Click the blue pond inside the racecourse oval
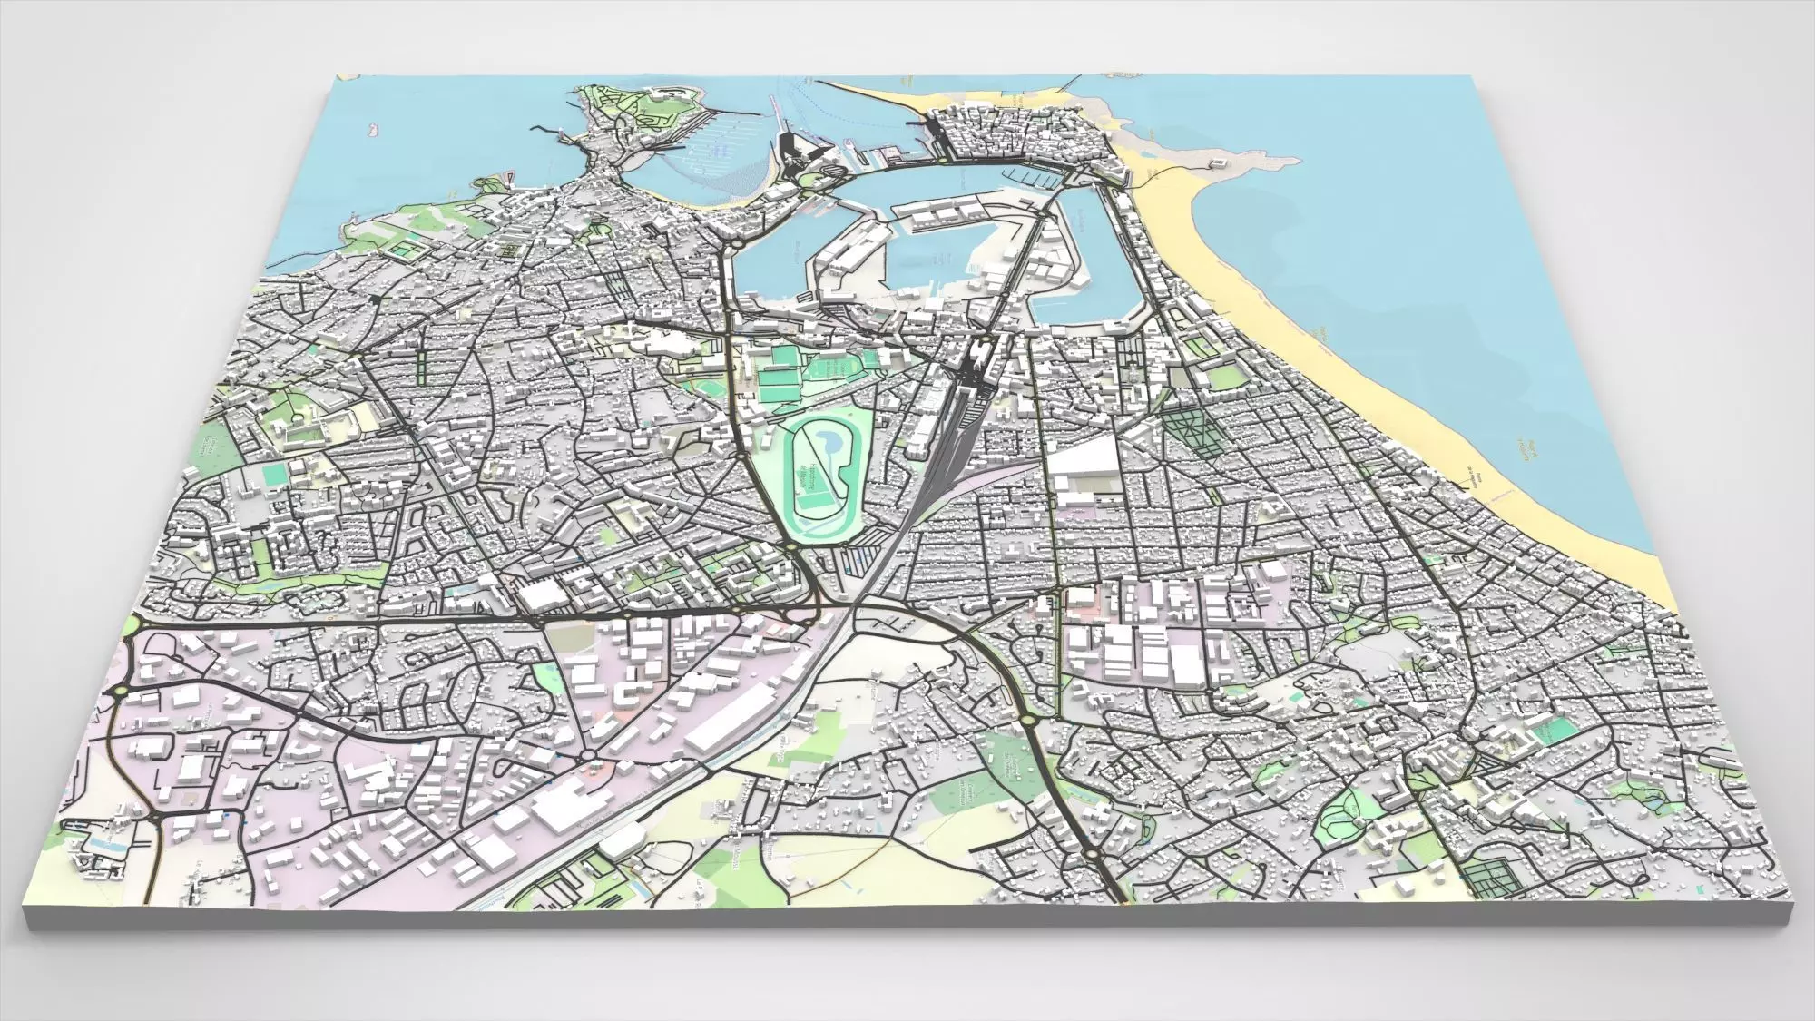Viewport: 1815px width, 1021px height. [x=829, y=442]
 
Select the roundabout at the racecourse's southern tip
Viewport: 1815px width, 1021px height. [x=792, y=546]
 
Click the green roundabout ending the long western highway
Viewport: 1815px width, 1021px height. [x=134, y=623]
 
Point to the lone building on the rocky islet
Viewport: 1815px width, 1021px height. [x=1217, y=162]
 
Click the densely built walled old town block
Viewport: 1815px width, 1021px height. [x=1016, y=136]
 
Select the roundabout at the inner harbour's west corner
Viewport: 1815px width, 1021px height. [x=736, y=242]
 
